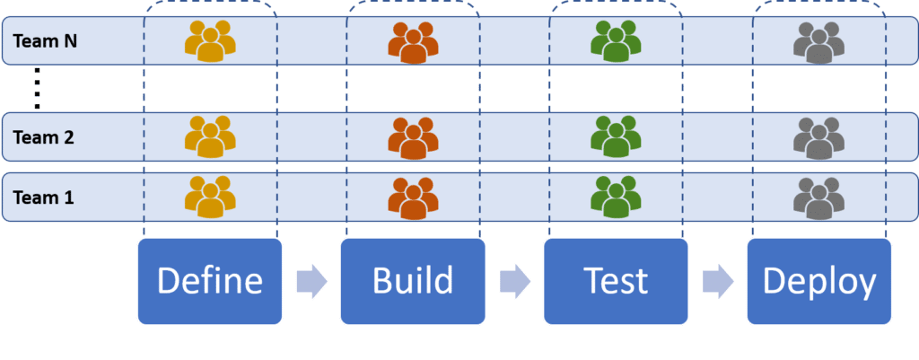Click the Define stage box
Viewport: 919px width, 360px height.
210,281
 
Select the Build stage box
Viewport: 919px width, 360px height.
413,281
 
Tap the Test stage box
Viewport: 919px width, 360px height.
616,281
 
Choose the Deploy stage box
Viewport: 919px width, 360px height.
818,281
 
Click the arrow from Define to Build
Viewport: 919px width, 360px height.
311,281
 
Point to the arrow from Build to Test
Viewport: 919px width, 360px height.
514,281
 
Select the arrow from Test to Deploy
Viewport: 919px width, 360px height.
718,281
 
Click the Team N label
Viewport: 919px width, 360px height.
45,41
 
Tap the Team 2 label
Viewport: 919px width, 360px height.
44,137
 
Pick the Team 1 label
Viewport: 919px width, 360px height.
44,197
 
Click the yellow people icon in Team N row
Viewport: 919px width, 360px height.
210,41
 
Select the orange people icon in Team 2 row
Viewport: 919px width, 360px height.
413,137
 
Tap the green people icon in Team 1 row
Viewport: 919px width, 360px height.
616,197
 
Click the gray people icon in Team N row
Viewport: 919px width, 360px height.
818,42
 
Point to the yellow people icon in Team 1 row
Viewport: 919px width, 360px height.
210,197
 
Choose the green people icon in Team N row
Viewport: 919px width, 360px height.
616,41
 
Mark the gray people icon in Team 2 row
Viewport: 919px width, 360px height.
818,137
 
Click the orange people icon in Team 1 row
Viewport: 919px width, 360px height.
413,197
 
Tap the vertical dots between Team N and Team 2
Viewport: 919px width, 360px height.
37,88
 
